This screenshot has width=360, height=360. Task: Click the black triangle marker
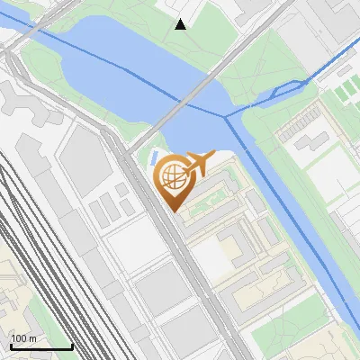click(x=181, y=24)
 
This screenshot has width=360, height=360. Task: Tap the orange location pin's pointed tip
click(x=171, y=211)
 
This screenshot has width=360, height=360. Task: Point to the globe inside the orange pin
click(x=171, y=175)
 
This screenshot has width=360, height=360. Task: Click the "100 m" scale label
click(x=23, y=338)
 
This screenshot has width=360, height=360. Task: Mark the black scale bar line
click(x=40, y=346)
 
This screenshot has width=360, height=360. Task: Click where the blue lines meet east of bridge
click(x=228, y=114)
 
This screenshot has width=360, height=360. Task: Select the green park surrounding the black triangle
click(x=193, y=40)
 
